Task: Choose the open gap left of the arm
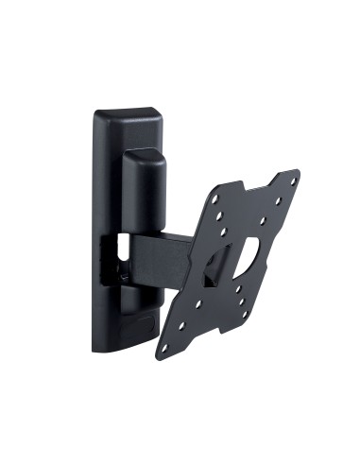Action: pyautogui.click(x=118, y=255)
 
